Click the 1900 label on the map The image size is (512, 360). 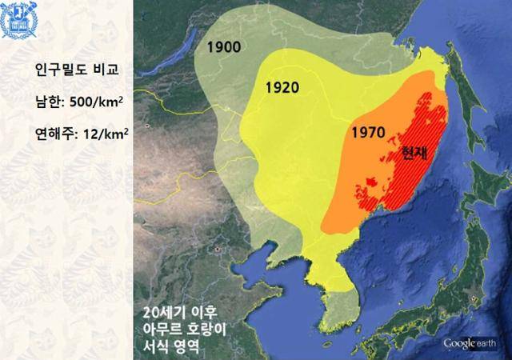[224, 46]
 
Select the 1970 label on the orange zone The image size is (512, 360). [368, 130]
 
